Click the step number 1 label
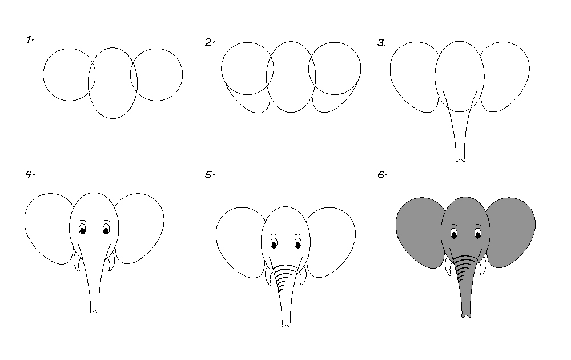point(30,40)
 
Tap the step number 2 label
point(210,43)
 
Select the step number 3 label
point(381,43)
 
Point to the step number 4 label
point(30,174)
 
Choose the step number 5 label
point(210,175)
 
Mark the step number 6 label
point(382,175)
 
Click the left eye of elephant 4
point(82,230)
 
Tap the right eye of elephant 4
point(106,230)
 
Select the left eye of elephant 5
point(274,243)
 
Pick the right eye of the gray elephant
point(478,233)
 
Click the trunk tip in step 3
point(460,159)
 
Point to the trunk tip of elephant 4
point(95,310)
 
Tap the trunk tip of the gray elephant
point(466,315)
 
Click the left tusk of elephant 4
point(77,260)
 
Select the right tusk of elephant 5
point(303,275)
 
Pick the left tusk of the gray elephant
point(448,265)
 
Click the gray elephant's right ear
point(510,233)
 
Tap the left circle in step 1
point(43,75)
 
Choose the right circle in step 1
point(183,75)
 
